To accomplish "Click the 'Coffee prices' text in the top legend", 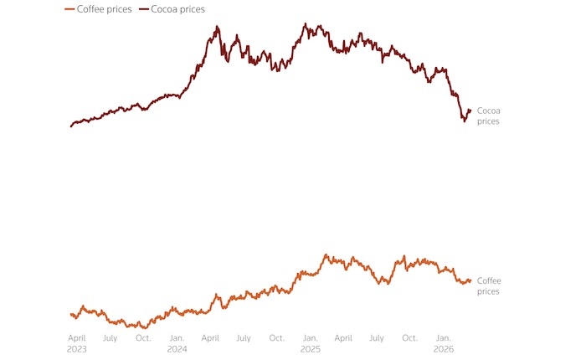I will point(103,8).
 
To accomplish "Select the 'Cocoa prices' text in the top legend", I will point(177,8).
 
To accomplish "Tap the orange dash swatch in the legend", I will point(69,8).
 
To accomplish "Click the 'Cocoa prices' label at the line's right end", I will point(488,116).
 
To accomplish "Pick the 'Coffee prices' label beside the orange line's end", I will point(489,285).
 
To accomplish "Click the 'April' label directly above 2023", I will point(78,337).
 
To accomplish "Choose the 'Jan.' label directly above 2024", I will point(177,337).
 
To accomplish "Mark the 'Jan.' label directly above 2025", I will point(310,337).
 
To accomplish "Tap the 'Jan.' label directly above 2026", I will point(444,337).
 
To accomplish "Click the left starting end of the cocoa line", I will point(71,126).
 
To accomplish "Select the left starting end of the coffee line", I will point(71,314).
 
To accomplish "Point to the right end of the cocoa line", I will point(470,110).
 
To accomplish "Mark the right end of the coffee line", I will point(470,280).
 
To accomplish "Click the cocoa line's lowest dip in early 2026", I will point(464,121).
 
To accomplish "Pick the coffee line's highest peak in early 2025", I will point(325,255).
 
